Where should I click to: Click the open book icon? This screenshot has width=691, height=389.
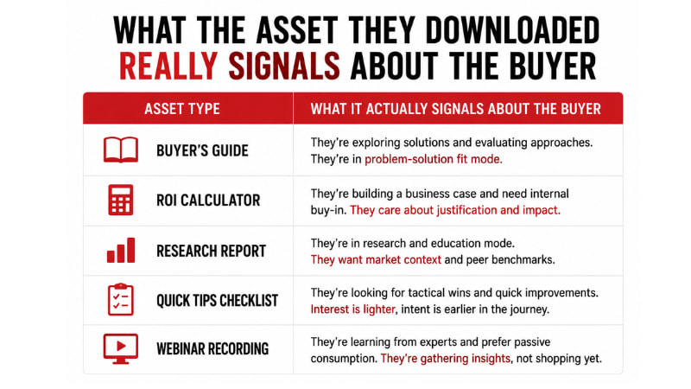[x=121, y=150]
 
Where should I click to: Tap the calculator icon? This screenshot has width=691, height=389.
[x=121, y=200]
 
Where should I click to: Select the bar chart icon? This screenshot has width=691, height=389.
[x=121, y=250]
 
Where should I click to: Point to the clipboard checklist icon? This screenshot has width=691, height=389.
[x=121, y=299]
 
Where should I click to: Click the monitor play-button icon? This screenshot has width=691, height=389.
[x=121, y=349]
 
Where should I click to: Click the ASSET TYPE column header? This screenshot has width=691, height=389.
[x=182, y=109]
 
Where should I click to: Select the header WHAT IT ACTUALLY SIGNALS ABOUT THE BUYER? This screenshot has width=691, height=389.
[x=456, y=109]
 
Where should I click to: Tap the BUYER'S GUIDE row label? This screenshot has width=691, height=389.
[x=202, y=150]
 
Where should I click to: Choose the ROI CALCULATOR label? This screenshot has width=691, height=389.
[x=208, y=201]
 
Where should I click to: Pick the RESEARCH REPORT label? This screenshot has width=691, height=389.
[x=211, y=251]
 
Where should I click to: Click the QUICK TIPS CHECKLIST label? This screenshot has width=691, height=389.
[x=218, y=300]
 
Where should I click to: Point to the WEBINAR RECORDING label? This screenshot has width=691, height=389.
[x=212, y=349]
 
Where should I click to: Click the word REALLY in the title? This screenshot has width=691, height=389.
[x=168, y=67]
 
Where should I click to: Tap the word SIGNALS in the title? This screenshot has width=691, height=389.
[x=284, y=67]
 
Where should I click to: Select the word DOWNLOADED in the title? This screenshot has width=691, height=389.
[x=512, y=30]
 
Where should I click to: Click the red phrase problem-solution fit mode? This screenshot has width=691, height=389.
[x=434, y=159]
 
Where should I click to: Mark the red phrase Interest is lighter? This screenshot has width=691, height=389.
[x=353, y=309]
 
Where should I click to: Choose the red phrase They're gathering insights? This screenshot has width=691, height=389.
[x=446, y=358]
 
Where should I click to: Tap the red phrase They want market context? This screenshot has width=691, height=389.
[x=376, y=259]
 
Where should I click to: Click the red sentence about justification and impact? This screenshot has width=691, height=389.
[x=455, y=210]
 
